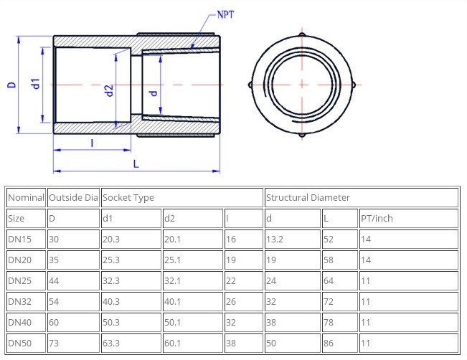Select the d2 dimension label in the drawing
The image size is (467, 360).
(109, 91)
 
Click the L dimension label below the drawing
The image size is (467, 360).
(136, 164)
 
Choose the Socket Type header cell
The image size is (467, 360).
(128, 197)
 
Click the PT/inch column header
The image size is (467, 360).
(377, 218)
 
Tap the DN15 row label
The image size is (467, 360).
(19, 239)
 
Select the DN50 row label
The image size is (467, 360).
(19, 344)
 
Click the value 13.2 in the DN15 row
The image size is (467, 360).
(275, 239)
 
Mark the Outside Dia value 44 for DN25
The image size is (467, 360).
(54, 280)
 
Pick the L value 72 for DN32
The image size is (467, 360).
(329, 302)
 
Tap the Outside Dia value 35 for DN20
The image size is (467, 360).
(54, 260)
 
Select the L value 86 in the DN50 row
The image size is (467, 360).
(329, 344)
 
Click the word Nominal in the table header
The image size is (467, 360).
(26, 197)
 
